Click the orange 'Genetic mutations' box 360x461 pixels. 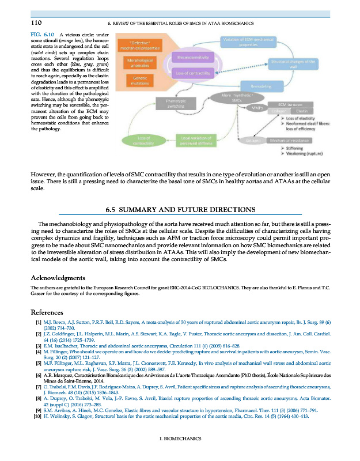(139, 80)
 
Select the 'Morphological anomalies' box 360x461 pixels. (139, 62)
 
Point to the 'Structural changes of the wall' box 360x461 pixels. (293, 63)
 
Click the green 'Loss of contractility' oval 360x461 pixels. (145, 140)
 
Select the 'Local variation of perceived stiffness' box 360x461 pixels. (197, 140)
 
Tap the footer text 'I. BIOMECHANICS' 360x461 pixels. (180, 439)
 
